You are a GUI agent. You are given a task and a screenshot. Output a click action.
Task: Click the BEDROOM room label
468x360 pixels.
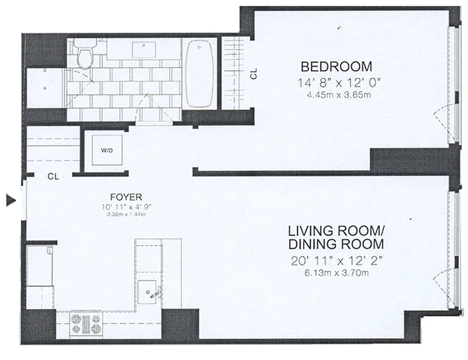[336, 67]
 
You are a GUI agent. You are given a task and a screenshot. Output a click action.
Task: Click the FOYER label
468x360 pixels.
[126, 197]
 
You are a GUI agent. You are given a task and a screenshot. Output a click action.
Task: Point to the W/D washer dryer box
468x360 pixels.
[106, 151]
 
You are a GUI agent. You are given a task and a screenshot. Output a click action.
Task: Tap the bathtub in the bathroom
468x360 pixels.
[199, 74]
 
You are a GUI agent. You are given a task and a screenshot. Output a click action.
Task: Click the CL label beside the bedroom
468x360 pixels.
[254, 74]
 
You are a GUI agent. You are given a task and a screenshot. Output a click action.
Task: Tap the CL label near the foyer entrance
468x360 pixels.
[53, 177]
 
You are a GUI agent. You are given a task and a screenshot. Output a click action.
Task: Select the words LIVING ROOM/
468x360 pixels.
[336, 231]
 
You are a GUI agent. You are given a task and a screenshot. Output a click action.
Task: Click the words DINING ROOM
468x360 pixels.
[336, 244]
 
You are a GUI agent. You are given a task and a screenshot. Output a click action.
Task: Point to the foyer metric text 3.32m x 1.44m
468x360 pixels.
[126, 214]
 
